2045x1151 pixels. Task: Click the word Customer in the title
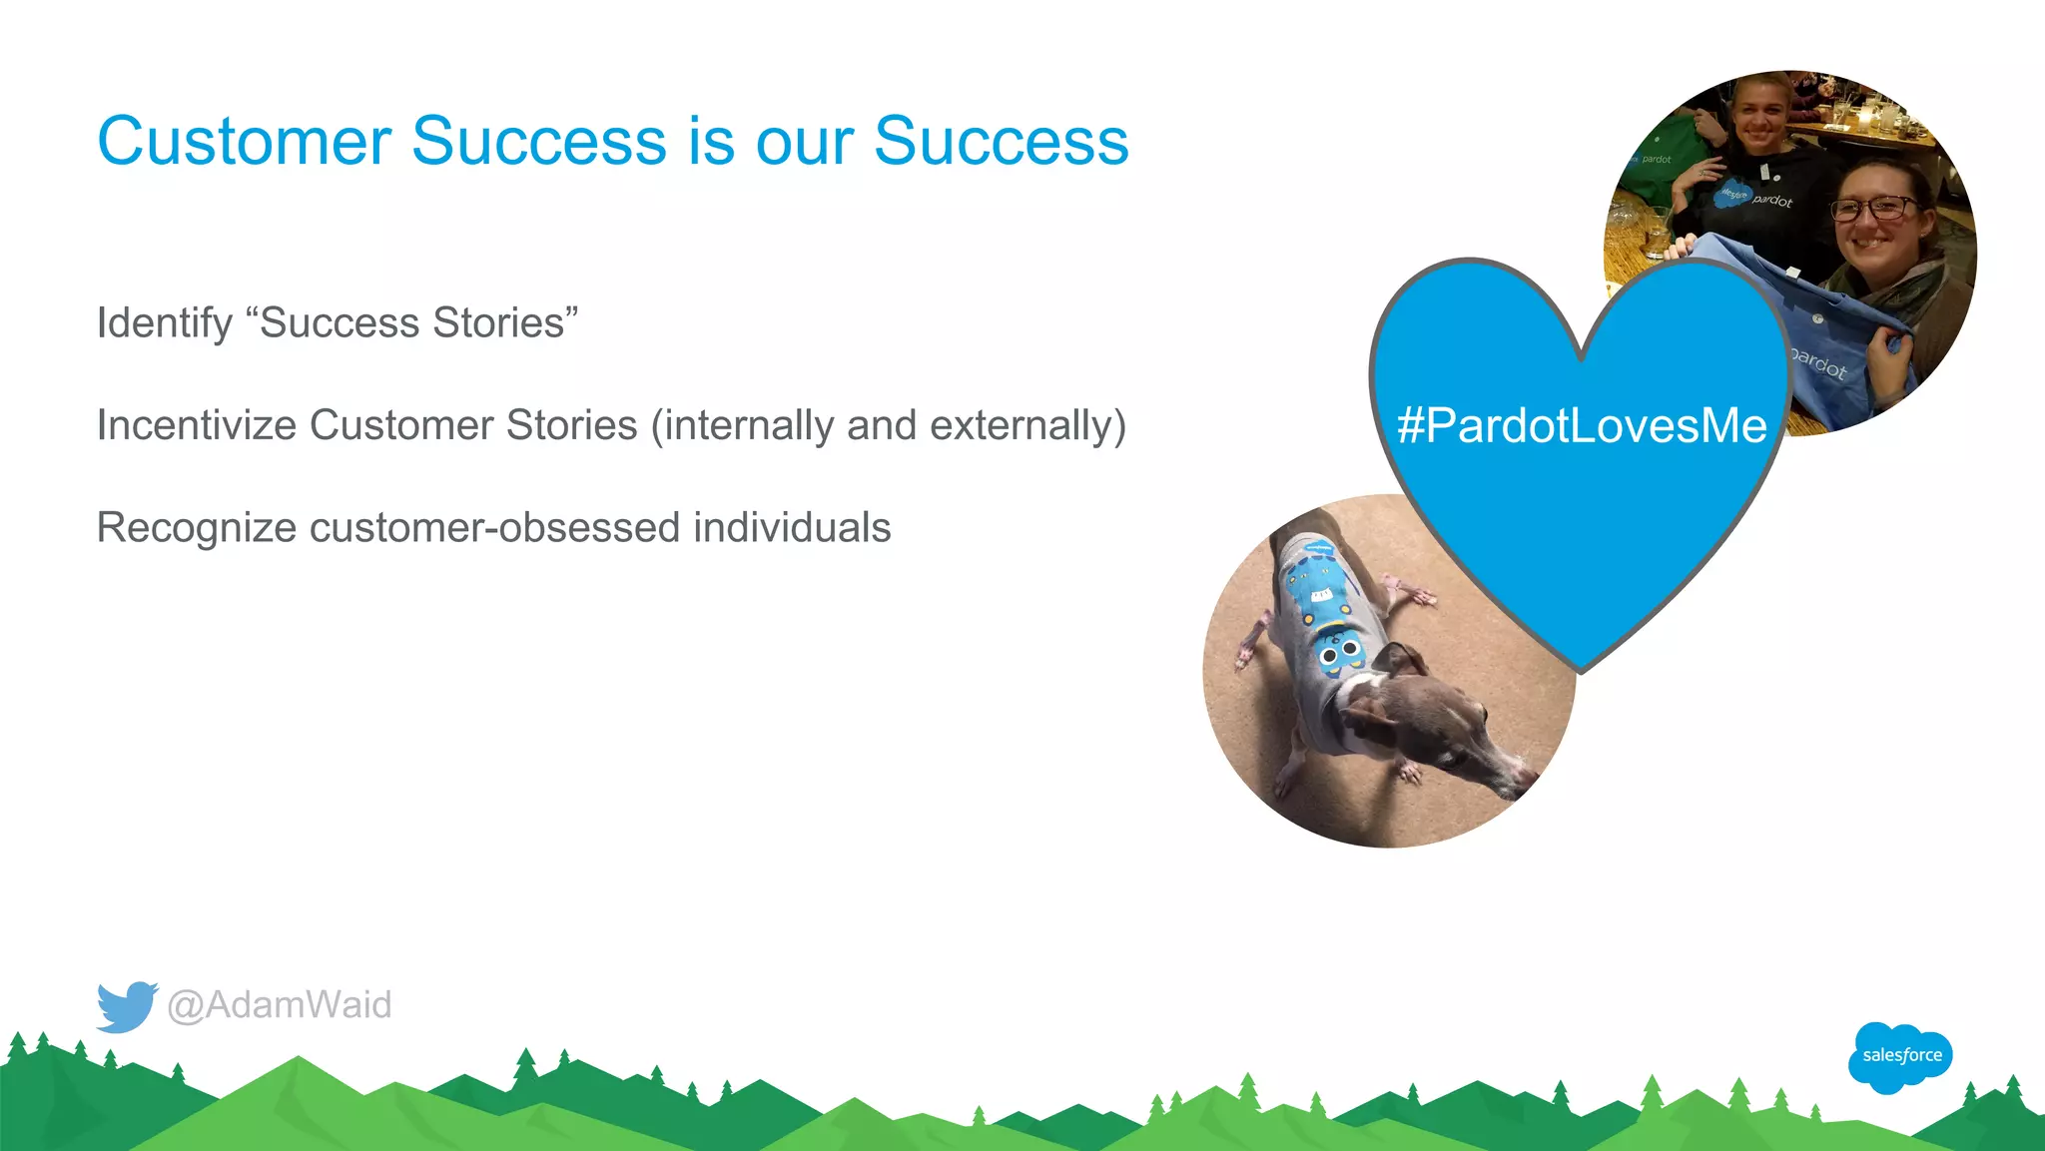pos(244,141)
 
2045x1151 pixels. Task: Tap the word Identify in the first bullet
pos(164,323)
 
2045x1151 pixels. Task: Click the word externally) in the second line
pos(1027,425)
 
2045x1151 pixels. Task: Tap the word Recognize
pos(196,528)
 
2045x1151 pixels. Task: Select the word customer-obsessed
pos(494,528)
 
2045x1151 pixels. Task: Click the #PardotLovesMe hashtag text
pos(1582,425)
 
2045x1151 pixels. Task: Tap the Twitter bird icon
pos(126,1006)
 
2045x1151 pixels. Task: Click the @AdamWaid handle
pos(280,1005)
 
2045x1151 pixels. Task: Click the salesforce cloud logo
pos(1900,1056)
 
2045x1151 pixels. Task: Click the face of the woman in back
pos(1762,115)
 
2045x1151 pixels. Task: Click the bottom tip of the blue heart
pos(1582,669)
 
